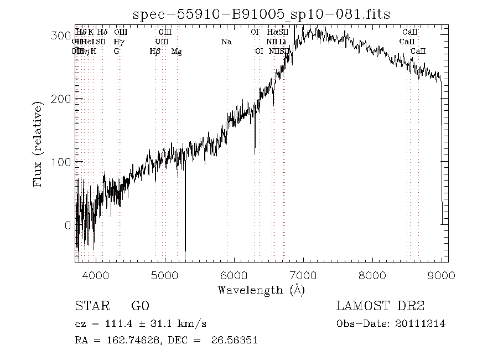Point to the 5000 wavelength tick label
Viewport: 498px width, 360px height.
tap(165, 275)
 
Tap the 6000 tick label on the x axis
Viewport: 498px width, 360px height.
tap(234, 275)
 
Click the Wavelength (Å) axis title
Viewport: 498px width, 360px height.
tap(261, 290)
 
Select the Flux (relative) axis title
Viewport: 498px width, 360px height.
tap(38, 145)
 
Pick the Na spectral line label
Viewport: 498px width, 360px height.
tap(226, 42)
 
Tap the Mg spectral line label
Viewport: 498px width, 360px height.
tap(177, 51)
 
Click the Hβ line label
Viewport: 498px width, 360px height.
tap(155, 51)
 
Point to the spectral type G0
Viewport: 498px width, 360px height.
tap(139, 306)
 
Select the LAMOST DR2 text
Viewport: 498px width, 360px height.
tap(380, 306)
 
